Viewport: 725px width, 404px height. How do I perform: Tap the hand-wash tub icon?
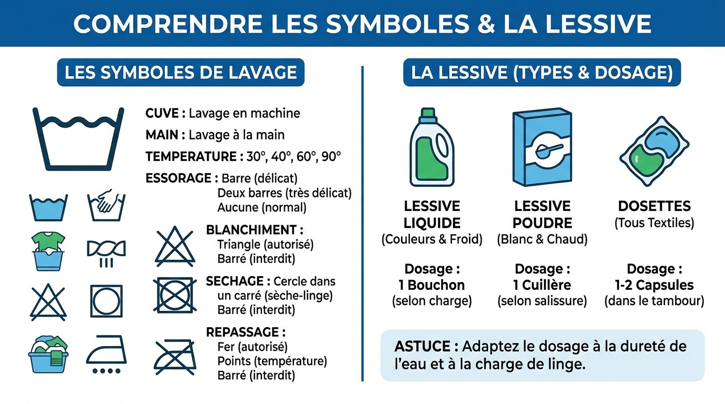tap(106, 206)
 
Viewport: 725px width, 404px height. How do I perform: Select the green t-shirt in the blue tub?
tap(48, 241)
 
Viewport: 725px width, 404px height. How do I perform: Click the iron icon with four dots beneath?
tap(106, 355)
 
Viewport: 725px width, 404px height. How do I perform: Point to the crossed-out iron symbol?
tap(175, 356)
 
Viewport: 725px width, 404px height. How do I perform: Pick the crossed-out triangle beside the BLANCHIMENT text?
tap(175, 246)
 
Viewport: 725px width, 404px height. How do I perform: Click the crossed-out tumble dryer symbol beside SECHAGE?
tap(175, 295)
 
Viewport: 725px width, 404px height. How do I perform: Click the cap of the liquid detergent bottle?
tap(427, 114)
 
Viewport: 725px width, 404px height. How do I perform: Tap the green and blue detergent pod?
tap(654, 149)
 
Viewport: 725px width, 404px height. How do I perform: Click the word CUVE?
tap(162, 113)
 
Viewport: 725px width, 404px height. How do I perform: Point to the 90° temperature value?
tap(331, 156)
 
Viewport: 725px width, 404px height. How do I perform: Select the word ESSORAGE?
tap(178, 178)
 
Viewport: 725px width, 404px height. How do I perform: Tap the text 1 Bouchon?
tap(432, 285)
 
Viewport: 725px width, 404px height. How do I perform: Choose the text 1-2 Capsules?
tap(654, 285)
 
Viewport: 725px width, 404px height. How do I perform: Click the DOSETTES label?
tap(654, 206)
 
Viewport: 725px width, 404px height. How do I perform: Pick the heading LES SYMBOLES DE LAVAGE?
tap(181, 73)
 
